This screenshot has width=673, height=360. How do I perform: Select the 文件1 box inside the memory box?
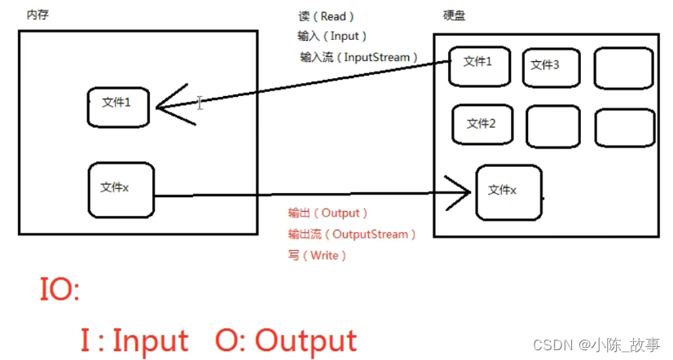pos(117,103)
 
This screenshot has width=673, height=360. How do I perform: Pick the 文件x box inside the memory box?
pos(120,189)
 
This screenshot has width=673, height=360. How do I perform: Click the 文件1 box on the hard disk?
pos(478,63)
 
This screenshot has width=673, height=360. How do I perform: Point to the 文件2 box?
pos(482,125)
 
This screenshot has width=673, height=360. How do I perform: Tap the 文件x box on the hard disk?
pos(508,191)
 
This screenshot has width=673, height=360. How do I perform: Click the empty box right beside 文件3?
pos(624,68)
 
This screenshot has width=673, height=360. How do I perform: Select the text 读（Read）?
pos(327,16)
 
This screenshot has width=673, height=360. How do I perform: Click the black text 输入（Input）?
pos(332,37)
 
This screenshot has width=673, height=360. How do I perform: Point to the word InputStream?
pos(380,57)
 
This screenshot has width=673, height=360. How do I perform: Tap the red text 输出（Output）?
pos(328,213)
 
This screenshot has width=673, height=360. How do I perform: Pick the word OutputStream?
pos(370,235)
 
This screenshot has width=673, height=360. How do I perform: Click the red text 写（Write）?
pos(318,256)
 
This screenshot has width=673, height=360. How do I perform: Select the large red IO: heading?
pos(59,290)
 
